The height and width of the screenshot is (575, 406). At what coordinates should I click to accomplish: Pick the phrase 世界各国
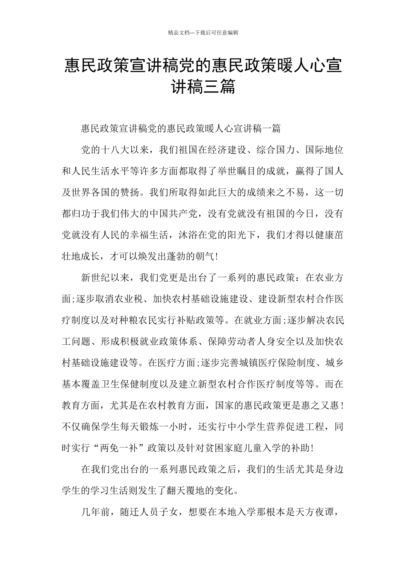96,192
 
